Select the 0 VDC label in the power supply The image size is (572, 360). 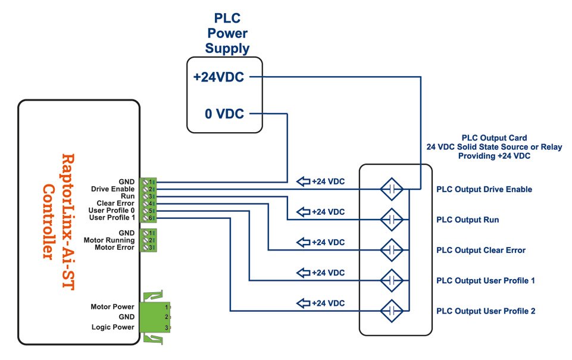(224, 113)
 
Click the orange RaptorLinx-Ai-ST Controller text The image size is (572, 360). (60, 205)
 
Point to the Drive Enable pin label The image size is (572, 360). (112, 189)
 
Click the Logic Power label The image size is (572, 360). (112, 327)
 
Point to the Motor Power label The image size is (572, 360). (112, 307)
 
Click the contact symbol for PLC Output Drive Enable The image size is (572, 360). (392, 189)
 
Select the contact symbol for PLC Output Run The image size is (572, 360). (392, 220)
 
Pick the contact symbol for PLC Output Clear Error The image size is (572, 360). (392, 249)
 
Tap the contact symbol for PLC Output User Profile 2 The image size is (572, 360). (392, 310)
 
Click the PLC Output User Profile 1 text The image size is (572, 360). (486, 280)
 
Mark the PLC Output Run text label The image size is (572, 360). (467, 220)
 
